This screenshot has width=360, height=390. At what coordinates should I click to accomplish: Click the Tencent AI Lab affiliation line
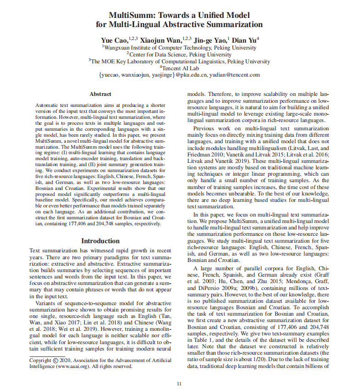click(x=180, y=68)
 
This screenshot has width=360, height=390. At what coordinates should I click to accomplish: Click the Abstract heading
click(x=101, y=94)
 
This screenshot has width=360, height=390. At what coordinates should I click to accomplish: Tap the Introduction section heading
click(x=101, y=241)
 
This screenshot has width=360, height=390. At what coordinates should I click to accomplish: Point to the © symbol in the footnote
click(x=56, y=361)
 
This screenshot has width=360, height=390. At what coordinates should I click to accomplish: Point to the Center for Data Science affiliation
click(x=180, y=54)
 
